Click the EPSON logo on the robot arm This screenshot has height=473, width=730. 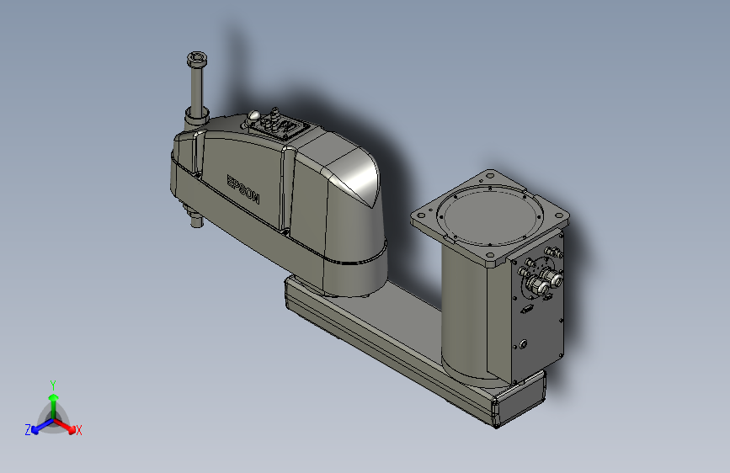pyautogui.click(x=243, y=189)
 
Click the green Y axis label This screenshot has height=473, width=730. pyautogui.click(x=52, y=383)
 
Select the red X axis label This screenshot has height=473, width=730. pyautogui.click(x=79, y=431)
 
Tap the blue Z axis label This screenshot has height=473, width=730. pyautogui.click(x=28, y=430)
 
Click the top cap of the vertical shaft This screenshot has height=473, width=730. pyautogui.click(x=196, y=59)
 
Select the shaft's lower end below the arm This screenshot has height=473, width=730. pyautogui.click(x=195, y=223)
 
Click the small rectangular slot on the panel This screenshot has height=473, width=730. pyautogui.click(x=525, y=309)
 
